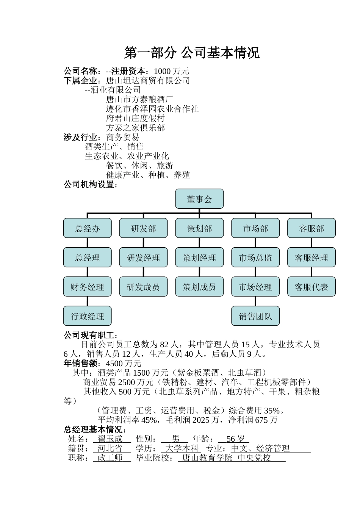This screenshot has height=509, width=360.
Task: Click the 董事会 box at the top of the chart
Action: [199, 199]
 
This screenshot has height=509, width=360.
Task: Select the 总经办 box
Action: [88, 228]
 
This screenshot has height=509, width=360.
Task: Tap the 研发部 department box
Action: [143, 228]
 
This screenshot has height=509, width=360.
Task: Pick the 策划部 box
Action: [199, 228]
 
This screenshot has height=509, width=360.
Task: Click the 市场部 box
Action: [255, 228]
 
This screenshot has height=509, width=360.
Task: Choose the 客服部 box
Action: [311, 228]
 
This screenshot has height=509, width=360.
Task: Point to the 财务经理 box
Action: [88, 287]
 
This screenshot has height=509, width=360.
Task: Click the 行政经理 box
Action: [88, 316]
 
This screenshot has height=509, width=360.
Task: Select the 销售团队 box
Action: [255, 316]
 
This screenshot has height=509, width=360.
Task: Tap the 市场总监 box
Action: [255, 258]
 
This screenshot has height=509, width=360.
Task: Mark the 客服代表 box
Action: [311, 287]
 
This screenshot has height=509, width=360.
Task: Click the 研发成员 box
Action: [143, 287]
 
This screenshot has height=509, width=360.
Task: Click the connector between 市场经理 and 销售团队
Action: [255, 301]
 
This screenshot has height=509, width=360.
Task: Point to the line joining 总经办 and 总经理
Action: [88, 243]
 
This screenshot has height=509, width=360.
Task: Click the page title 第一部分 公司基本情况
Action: [192, 53]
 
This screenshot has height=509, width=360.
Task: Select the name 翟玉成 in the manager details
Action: [110, 439]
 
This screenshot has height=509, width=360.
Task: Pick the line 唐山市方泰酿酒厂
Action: [139, 100]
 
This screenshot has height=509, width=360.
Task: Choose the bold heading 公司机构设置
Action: [90, 184]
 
